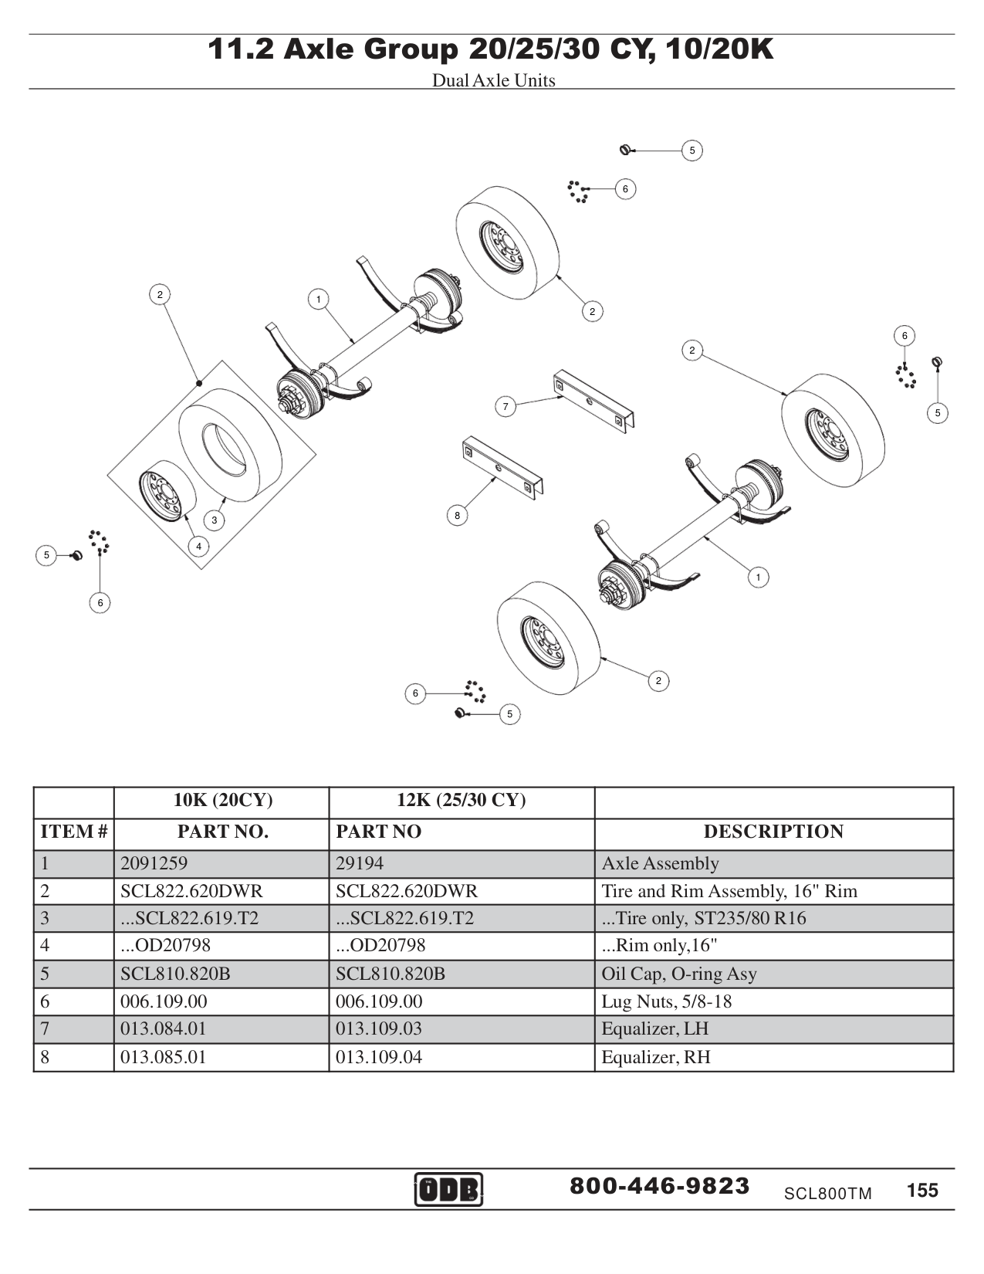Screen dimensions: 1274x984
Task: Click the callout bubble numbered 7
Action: click(506, 406)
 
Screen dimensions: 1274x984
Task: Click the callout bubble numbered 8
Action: click(457, 515)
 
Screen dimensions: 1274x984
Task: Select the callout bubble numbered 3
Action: click(215, 520)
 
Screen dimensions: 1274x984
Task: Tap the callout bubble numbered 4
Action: click(198, 547)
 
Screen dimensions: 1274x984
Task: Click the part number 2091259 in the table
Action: click(154, 863)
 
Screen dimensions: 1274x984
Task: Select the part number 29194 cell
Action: click(360, 863)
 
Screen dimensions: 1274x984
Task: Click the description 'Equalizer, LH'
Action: click(654, 1028)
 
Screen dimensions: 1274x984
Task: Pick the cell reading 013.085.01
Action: click(164, 1056)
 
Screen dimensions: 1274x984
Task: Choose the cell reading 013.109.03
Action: click(379, 1028)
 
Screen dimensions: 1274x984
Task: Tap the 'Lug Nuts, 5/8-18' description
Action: click(666, 1001)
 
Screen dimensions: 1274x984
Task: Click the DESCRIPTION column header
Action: click(773, 832)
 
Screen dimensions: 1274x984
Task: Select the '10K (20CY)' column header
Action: click(222, 800)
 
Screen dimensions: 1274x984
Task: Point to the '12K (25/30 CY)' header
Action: click(461, 800)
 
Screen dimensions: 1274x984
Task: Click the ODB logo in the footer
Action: click(448, 1189)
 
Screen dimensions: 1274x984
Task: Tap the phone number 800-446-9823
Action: click(659, 1186)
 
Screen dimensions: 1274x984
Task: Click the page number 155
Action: click(922, 1190)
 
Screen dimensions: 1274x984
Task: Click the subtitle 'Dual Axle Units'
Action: click(493, 80)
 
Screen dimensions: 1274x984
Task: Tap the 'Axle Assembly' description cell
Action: click(660, 863)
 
